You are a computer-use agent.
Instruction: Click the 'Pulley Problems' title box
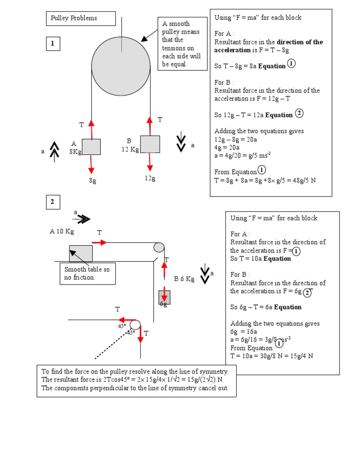tap(81, 18)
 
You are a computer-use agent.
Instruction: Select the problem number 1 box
tap(53, 44)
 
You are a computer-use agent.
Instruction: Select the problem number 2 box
tap(53, 202)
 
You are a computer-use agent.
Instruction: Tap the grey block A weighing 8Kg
tap(91, 147)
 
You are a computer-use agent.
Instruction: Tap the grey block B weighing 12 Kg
tap(150, 144)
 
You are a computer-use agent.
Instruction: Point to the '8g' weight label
tap(92, 181)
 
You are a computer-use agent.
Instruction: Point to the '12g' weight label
tap(150, 179)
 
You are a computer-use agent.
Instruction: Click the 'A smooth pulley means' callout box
tap(182, 44)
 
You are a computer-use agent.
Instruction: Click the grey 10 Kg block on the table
tap(81, 253)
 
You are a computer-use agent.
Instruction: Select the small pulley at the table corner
tap(158, 247)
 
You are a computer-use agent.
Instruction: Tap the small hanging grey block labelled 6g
tap(165, 297)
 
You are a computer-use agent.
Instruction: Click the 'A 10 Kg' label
tap(62, 231)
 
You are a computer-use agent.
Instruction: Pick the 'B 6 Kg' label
tap(184, 278)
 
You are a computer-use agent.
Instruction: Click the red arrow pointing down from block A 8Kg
tap(91, 164)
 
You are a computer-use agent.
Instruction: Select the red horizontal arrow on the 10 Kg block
tap(99, 242)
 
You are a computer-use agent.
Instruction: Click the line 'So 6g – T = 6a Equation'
tap(266, 307)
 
